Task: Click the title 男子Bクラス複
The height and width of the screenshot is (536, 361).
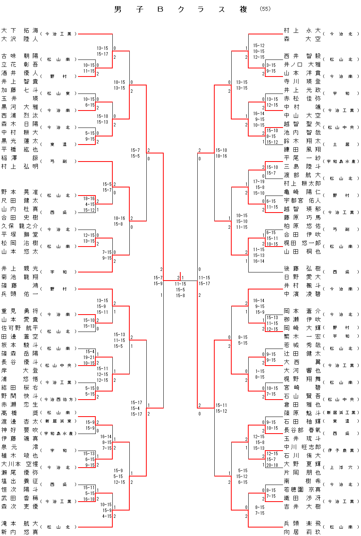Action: (x=180, y=10)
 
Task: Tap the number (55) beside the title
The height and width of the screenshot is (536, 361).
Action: (x=265, y=9)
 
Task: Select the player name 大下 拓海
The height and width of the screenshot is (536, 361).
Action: (x=20, y=30)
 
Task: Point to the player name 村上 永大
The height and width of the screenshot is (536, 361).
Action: (x=302, y=30)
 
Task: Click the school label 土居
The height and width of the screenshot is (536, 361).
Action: (x=341, y=145)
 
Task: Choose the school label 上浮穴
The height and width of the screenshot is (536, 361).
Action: (x=341, y=468)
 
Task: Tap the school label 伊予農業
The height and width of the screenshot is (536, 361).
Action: (x=341, y=451)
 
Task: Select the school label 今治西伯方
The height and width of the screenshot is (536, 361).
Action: (x=59, y=400)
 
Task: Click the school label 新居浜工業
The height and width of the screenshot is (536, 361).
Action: (x=341, y=413)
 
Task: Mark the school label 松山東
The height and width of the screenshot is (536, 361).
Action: (x=59, y=94)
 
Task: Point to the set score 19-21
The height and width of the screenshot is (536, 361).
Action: (x=90, y=357)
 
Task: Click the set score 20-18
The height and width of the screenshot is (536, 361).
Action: (x=272, y=465)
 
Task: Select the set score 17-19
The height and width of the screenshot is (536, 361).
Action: (x=259, y=182)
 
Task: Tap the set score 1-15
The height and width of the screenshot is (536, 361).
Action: (x=259, y=371)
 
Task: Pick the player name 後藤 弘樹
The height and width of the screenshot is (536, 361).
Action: (x=302, y=268)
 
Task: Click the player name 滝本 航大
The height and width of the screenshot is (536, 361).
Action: (x=20, y=523)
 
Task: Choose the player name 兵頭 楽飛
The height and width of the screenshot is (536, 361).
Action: (x=302, y=523)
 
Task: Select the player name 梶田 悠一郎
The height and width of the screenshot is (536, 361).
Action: (x=302, y=243)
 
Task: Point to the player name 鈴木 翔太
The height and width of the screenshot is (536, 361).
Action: (x=302, y=141)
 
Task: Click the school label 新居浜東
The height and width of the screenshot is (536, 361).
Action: (x=59, y=421)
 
